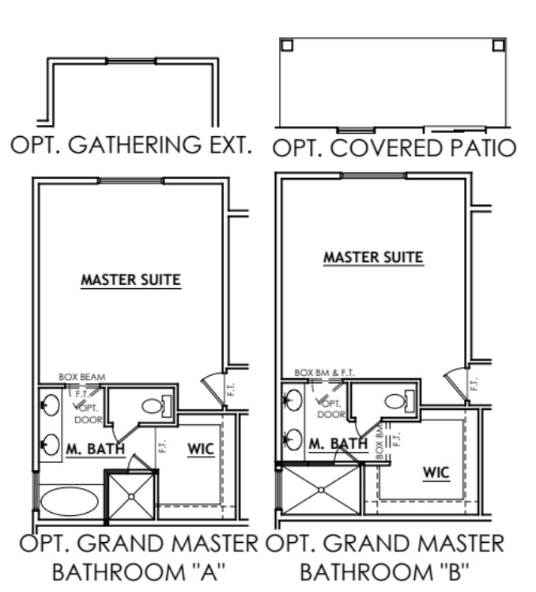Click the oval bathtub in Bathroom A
pyautogui.click(x=70, y=501)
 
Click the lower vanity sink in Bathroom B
pyautogui.click(x=292, y=436)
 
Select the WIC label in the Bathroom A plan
pyautogui.click(x=200, y=449)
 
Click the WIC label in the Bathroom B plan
pyautogui.click(x=436, y=472)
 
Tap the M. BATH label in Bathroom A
pyautogui.click(x=95, y=450)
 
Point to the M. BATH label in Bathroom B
pyautogui.click(x=338, y=443)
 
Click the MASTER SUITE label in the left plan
pyautogui.click(x=130, y=279)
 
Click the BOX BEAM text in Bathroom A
pyautogui.click(x=81, y=377)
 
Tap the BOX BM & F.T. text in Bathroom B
pyautogui.click(x=320, y=371)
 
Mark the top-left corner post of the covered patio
pyautogui.click(x=287, y=44)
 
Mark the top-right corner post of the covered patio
pyautogui.click(x=498, y=44)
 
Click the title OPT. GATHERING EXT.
pyautogui.click(x=130, y=145)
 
